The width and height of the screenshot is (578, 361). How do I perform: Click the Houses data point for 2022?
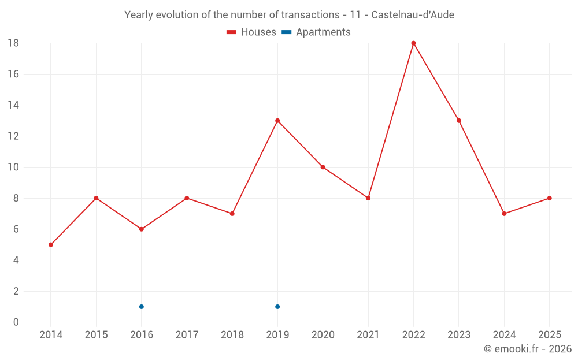click(x=413, y=43)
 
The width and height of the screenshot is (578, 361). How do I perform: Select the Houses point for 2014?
click(x=51, y=244)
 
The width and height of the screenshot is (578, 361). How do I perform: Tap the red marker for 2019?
click(x=277, y=121)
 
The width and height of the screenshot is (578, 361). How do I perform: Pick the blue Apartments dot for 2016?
click(x=142, y=307)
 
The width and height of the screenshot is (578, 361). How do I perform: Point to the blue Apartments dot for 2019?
click(x=277, y=307)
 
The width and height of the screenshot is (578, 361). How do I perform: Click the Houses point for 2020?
click(x=323, y=168)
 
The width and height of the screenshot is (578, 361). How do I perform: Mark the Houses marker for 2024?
click(x=504, y=214)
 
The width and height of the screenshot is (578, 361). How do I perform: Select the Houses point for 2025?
click(x=549, y=198)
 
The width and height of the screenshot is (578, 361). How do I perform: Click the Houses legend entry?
click(x=251, y=32)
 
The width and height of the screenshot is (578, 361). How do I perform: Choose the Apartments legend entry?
click(x=316, y=32)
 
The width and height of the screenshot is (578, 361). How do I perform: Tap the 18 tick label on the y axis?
click(x=13, y=43)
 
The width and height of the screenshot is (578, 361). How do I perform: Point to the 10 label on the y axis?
click(x=13, y=168)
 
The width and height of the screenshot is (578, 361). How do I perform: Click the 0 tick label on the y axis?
click(x=16, y=322)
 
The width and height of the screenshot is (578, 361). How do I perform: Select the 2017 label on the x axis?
click(x=187, y=334)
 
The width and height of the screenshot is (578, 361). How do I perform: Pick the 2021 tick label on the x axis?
click(x=368, y=334)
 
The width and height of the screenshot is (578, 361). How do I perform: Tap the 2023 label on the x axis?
click(x=459, y=334)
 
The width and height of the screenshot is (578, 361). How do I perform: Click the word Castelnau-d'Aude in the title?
click(x=413, y=15)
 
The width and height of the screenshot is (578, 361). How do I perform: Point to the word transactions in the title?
click(x=310, y=15)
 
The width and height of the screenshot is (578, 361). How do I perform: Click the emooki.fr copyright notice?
click(x=528, y=348)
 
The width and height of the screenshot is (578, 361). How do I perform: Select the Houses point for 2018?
click(x=232, y=214)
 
